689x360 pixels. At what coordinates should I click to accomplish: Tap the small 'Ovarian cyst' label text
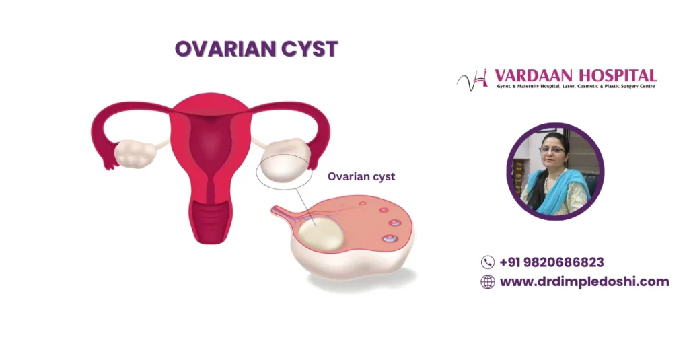coord(361,177)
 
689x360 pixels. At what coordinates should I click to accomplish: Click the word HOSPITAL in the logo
coord(620,75)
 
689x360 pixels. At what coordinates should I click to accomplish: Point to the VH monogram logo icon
coord(472,80)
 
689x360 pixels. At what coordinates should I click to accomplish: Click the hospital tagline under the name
coord(575,87)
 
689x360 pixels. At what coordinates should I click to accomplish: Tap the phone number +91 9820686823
coord(551,262)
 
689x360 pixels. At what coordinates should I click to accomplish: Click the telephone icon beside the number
coord(488,262)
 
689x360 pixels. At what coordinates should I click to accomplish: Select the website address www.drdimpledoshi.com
coord(584,282)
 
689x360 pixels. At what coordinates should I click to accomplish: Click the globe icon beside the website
coord(488,282)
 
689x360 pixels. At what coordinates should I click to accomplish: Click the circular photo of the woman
coord(555,172)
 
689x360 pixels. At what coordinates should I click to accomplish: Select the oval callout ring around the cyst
coord(284,172)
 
